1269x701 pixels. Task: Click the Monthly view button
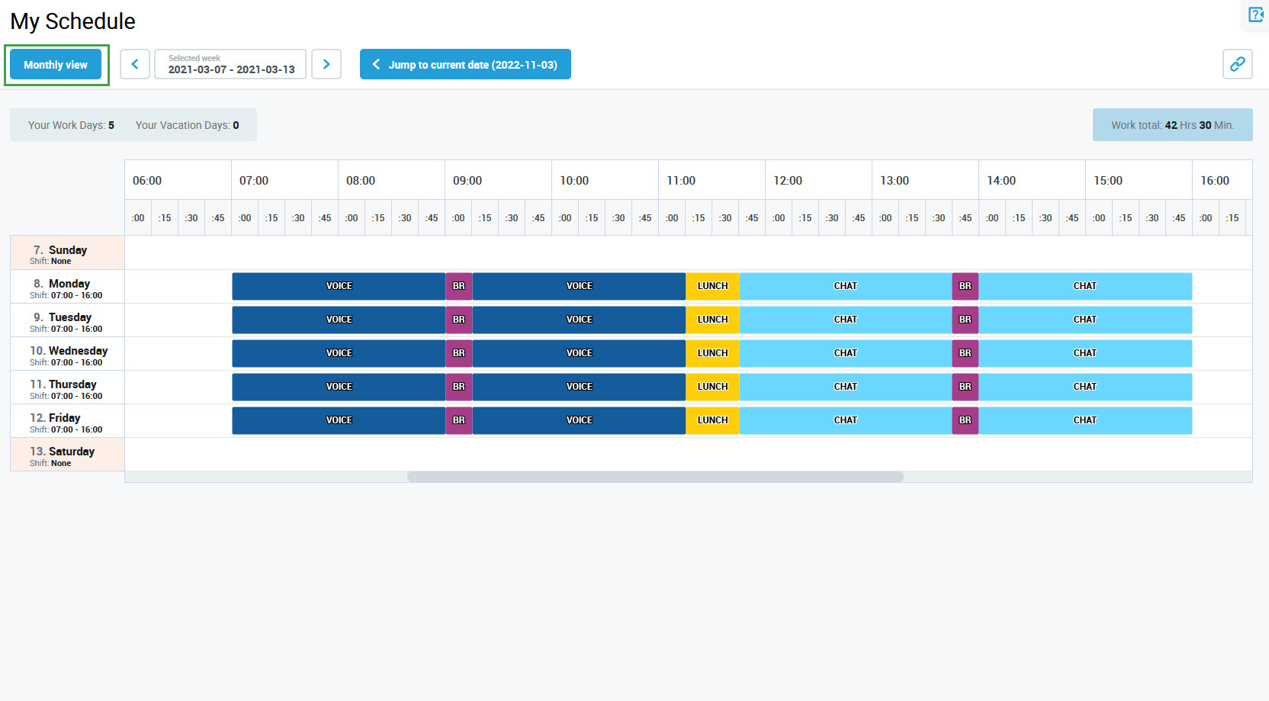(x=56, y=65)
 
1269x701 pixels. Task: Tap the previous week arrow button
(x=135, y=64)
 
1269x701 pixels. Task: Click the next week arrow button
(x=326, y=64)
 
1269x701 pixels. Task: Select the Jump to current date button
(x=465, y=65)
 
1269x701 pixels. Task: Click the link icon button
(x=1237, y=64)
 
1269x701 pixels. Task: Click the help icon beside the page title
(x=1255, y=14)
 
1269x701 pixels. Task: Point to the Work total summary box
(x=1172, y=125)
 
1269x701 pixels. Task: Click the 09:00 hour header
(x=467, y=181)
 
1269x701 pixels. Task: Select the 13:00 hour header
(x=895, y=181)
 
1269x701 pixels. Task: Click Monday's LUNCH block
(x=712, y=286)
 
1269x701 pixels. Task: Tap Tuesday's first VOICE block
(x=339, y=320)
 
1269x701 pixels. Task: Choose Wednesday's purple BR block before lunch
(x=458, y=353)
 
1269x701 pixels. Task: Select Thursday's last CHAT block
(x=1084, y=387)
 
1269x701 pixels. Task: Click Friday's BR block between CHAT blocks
(x=965, y=420)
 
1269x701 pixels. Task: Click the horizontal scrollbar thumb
(x=655, y=477)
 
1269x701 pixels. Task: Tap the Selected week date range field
(x=230, y=64)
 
